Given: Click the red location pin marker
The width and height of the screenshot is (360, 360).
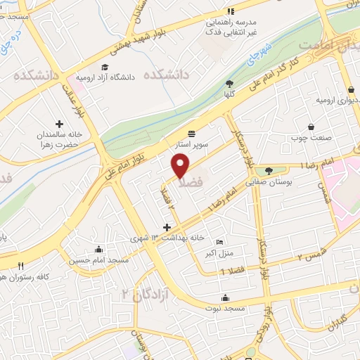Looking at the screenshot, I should pyautogui.click(x=181, y=165).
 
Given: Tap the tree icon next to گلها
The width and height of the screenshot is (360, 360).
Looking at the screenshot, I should pyautogui.click(x=230, y=83).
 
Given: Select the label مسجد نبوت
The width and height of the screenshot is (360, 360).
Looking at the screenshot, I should pyautogui.click(x=224, y=308).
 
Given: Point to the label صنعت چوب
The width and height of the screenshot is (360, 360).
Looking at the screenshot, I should pyautogui.click(x=307, y=137).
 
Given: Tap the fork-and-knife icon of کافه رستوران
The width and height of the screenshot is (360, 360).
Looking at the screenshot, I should pyautogui.click(x=21, y=266).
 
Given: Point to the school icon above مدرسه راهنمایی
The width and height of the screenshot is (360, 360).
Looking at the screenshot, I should pyautogui.click(x=231, y=12).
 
